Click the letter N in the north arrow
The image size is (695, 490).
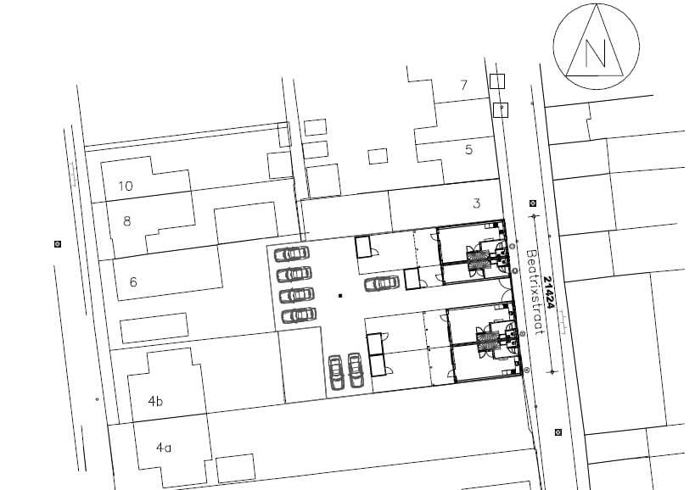pos(596,53)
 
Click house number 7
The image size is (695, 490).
pos(463,84)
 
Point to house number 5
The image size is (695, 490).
pos(468,150)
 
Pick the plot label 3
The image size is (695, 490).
pos(476,203)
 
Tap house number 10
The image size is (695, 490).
pos(126,186)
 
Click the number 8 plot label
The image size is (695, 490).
pos(127,221)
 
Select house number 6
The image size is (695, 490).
pos(133,282)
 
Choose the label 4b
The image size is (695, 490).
pos(155,402)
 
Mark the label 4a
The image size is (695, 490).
pos(164,446)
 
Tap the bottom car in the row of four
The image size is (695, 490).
pos(297,315)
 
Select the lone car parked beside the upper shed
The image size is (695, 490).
pos(382,283)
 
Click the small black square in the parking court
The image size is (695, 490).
pos(339,296)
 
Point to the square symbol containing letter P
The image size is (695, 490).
pos(501,109)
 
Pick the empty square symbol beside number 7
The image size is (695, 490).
pos(497,81)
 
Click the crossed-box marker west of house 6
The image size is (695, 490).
pos(58,244)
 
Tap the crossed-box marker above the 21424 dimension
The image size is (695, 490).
pos(532,203)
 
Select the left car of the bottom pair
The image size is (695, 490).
pos(336,372)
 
